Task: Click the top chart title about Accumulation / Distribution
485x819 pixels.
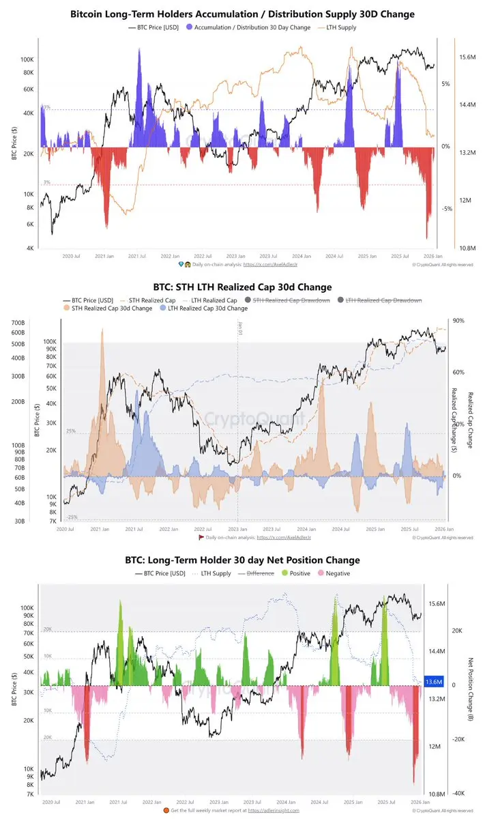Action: point(242,14)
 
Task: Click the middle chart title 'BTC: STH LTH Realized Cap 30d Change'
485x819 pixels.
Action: point(242,287)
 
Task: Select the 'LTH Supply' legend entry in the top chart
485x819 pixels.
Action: point(342,28)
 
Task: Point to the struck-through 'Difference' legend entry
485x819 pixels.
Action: point(258,573)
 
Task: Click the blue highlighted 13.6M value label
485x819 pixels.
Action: point(434,682)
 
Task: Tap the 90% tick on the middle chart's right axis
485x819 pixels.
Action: point(458,321)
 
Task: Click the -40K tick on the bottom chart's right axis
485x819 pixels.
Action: point(458,793)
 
